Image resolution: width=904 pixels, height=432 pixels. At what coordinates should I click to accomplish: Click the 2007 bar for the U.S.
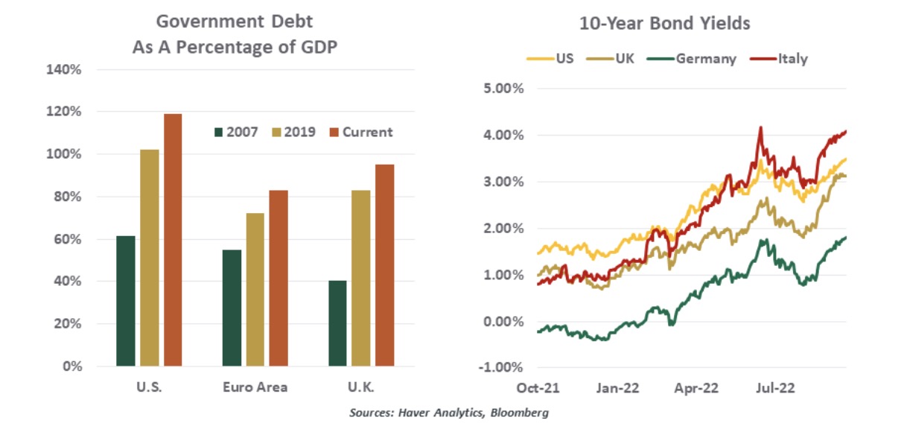126,301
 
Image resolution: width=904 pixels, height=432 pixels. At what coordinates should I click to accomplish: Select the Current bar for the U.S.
172,240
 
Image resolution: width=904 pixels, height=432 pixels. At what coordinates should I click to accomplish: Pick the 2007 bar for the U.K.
337,323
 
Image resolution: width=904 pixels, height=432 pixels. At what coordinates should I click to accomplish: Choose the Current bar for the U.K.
384,265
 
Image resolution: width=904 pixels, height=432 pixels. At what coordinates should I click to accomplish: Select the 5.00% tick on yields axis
504,89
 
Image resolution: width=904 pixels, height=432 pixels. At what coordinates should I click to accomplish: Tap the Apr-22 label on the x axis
695,387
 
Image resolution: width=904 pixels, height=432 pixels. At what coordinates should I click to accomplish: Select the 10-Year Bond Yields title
664,24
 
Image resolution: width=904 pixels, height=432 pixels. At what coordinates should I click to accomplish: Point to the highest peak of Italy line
760,127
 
